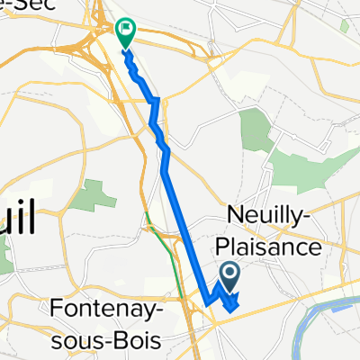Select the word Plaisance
[267, 246]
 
